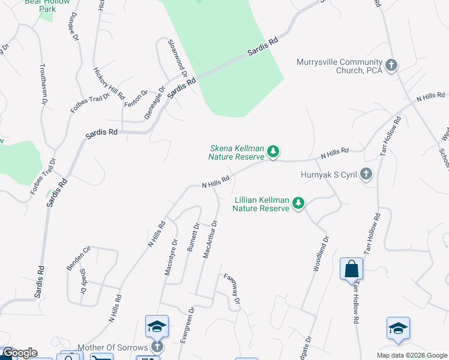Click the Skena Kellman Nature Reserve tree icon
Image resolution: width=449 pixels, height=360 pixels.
pyautogui.click(x=273, y=152)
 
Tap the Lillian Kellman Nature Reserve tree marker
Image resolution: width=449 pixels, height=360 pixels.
pyautogui.click(x=298, y=204)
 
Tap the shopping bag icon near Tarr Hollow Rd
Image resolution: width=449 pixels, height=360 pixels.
pyautogui.click(x=351, y=269)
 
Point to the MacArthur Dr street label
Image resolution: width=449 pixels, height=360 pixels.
pyautogui.click(x=209, y=239)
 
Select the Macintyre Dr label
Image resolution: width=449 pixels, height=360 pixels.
pyautogui.click(x=171, y=257)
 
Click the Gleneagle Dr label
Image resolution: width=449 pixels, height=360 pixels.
pyautogui.click(x=155, y=105)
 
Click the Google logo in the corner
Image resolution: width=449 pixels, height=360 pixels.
pyautogui.click(x=20, y=353)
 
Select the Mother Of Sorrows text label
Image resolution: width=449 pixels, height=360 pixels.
pyautogui.click(x=112, y=348)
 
